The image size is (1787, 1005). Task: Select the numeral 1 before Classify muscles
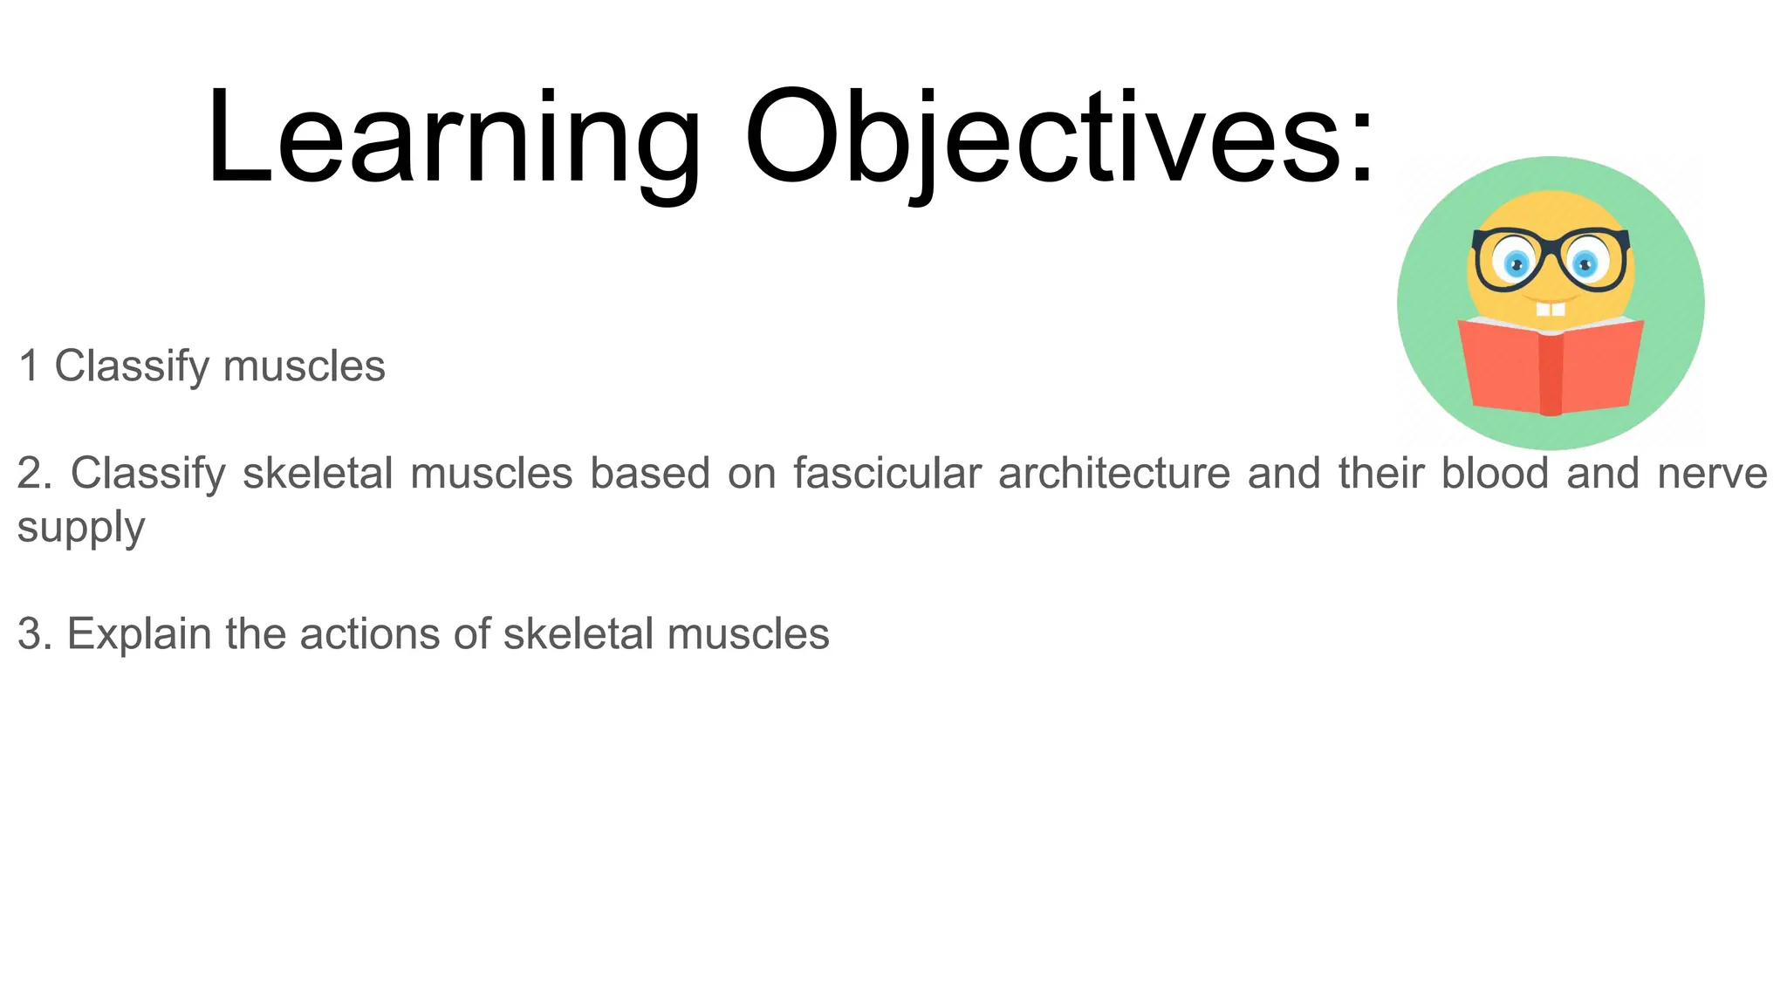(29, 366)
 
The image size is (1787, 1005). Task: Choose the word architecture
(1113, 473)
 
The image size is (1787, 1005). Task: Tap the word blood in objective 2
(1495, 473)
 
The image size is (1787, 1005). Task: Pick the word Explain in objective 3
(139, 634)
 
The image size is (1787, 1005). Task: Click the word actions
(371, 634)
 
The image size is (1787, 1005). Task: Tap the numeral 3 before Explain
(30, 634)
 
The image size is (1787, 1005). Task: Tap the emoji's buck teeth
(1551, 309)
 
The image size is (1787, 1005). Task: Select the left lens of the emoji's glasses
(1516, 260)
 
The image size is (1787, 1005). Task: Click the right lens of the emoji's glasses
(1585, 260)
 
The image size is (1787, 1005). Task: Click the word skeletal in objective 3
(578, 634)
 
